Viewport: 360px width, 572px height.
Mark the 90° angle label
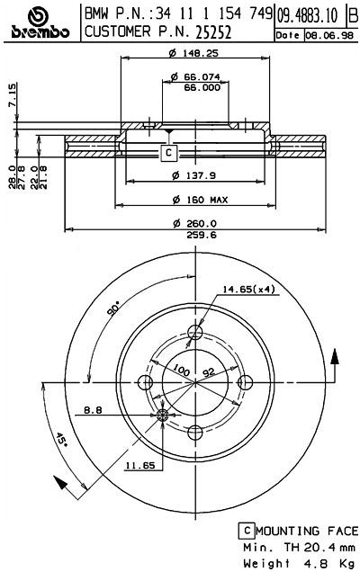pyautogui.click(x=113, y=309)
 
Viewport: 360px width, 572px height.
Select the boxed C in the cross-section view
pyautogui.click(x=168, y=153)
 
